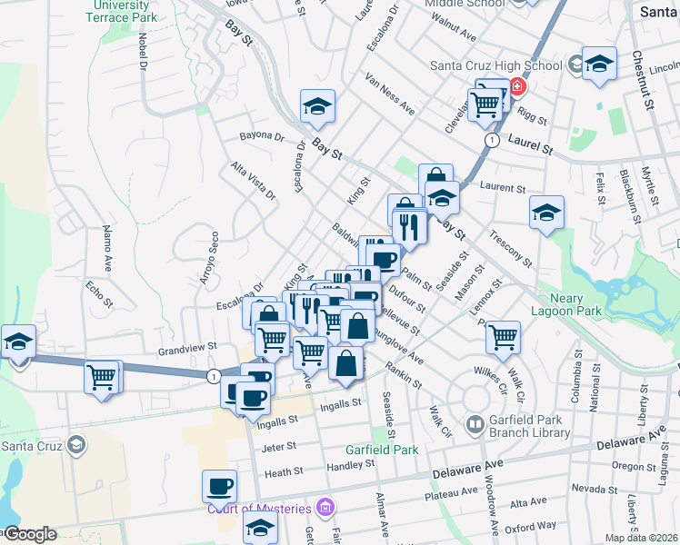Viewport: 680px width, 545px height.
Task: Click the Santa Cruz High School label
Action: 495,65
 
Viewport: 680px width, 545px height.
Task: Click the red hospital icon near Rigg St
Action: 517,87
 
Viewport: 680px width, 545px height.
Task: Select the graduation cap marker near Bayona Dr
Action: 317,106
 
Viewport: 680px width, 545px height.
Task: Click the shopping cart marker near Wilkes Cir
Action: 503,337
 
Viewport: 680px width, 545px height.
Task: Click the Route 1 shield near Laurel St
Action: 491,142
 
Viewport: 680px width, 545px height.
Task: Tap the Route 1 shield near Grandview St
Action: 213,375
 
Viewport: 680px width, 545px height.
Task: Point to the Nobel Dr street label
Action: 144,52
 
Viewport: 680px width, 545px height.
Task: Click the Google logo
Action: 29,534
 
